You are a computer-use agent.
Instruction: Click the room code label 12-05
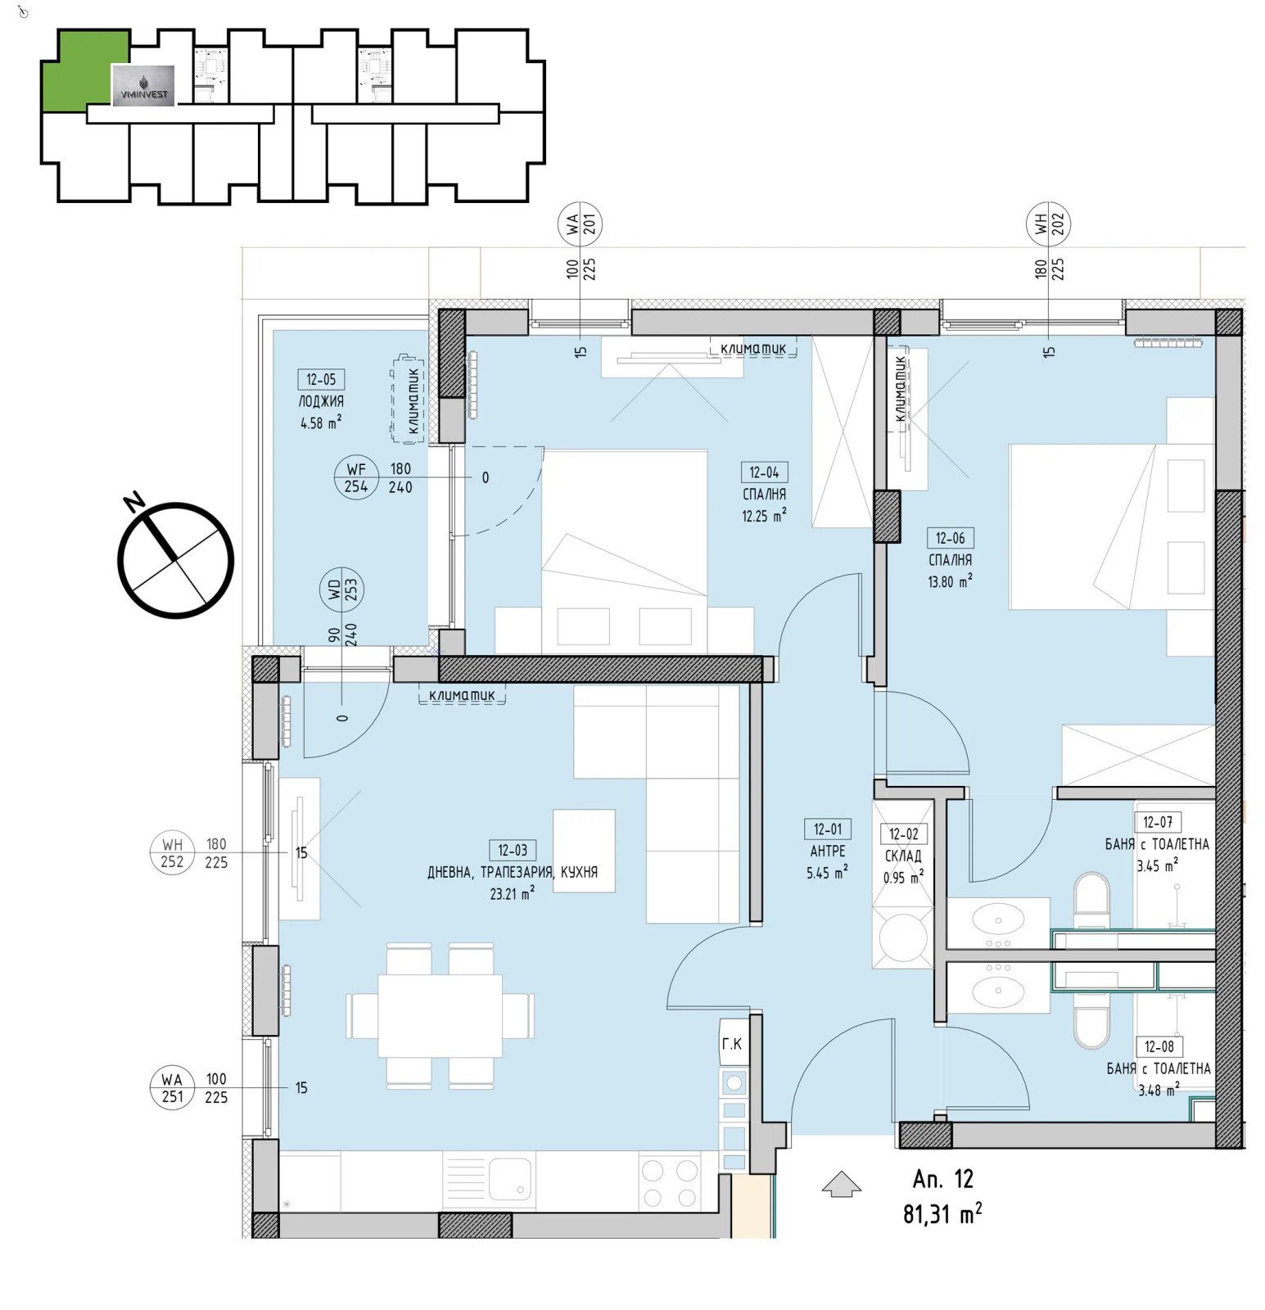click(320, 379)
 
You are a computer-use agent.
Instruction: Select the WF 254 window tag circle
click(356, 477)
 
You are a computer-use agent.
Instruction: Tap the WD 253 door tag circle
click(342, 589)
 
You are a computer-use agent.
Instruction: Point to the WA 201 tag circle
click(581, 224)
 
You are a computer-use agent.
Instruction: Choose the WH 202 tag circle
click(1049, 224)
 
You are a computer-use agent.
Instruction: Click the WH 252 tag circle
click(172, 852)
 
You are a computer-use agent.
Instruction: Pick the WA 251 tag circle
click(172, 1087)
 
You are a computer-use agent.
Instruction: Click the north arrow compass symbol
click(175, 559)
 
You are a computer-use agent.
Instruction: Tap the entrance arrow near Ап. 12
click(841, 1184)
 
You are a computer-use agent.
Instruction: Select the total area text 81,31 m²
click(942, 1213)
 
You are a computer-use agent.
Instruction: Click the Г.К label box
click(732, 1043)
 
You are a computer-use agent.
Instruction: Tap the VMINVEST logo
click(143, 86)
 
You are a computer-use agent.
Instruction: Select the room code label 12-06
click(950, 538)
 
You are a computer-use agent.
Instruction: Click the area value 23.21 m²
click(512, 894)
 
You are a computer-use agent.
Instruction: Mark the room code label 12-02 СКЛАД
click(903, 834)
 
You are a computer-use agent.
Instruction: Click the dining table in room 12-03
click(440, 1015)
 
